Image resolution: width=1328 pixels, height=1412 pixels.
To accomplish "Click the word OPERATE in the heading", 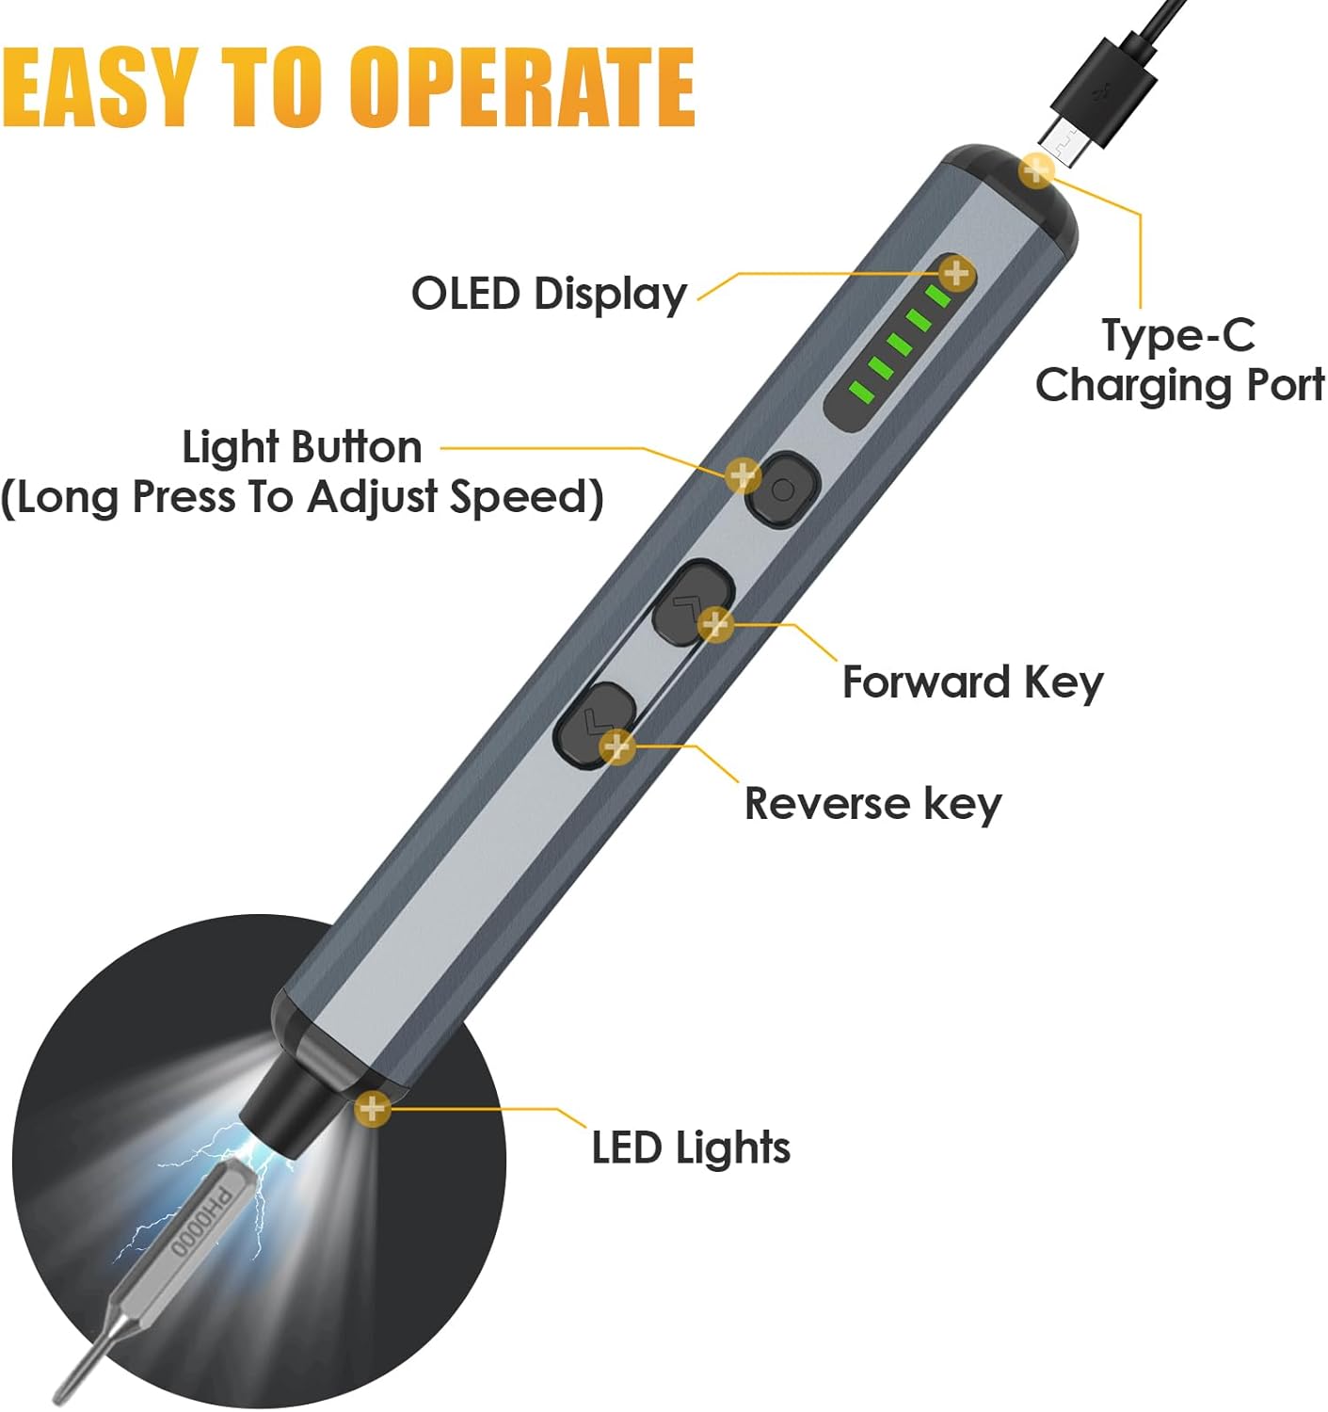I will (x=522, y=87).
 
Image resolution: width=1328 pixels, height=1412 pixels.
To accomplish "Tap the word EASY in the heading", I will (x=99, y=87).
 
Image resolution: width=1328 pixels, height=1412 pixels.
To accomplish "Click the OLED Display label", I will (x=549, y=294).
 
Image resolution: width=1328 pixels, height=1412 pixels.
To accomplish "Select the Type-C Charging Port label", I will (x=1178, y=361).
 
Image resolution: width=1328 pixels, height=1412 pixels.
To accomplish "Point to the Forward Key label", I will (x=972, y=682).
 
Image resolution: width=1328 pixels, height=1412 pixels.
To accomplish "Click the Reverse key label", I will (x=872, y=804).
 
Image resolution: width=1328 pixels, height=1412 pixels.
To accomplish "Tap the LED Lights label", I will (x=691, y=1147).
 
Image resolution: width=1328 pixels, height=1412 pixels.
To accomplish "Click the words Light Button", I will (x=301, y=447).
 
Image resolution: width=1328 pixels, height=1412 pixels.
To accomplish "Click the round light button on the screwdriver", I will (x=783, y=489).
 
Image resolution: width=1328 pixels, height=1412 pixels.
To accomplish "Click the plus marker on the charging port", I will (x=1036, y=170).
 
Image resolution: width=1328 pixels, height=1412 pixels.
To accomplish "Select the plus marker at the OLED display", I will (x=956, y=274).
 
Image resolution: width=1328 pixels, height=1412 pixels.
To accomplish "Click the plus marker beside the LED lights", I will (x=373, y=1108).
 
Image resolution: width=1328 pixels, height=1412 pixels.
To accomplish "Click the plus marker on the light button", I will (x=743, y=475).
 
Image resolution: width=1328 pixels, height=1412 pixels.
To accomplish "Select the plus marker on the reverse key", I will (x=616, y=746).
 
